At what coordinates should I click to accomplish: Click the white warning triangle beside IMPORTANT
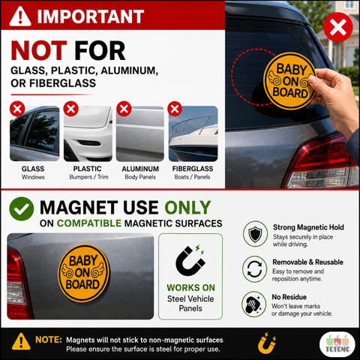(20, 16)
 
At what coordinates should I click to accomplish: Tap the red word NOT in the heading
(39, 51)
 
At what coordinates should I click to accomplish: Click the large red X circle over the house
(338, 27)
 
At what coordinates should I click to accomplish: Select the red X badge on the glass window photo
(17, 109)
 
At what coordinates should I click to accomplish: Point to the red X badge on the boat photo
(175, 109)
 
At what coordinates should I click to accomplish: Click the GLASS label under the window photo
(33, 169)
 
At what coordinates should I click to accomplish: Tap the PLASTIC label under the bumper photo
(87, 169)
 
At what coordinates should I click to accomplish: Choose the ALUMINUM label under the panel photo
(140, 169)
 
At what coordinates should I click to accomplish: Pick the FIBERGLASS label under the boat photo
(193, 169)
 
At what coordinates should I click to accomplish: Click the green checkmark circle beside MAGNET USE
(22, 208)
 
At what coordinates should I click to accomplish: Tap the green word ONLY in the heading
(187, 208)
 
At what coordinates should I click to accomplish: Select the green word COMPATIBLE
(89, 223)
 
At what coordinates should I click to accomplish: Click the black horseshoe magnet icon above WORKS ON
(190, 261)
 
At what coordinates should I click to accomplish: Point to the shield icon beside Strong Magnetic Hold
(255, 234)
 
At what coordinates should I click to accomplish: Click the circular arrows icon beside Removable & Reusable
(254, 269)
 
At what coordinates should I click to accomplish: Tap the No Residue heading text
(289, 297)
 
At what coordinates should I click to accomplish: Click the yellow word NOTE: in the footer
(49, 340)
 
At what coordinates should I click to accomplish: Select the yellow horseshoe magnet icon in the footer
(267, 342)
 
